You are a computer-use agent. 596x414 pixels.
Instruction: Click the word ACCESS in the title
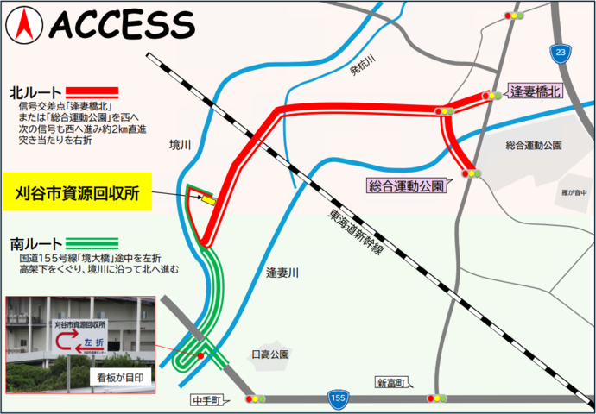point(121,27)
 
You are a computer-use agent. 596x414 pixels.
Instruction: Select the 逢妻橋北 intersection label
point(536,91)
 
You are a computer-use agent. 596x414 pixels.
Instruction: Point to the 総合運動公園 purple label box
point(406,185)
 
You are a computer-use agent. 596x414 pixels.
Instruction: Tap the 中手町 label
point(207,401)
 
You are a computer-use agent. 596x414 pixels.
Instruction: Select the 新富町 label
point(390,382)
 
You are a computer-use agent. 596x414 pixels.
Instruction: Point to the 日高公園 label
point(269,354)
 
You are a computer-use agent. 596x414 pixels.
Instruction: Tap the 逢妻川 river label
point(282,273)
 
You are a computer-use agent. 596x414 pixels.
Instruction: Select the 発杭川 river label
point(364,75)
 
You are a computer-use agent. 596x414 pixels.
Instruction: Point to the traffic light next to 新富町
point(437,398)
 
